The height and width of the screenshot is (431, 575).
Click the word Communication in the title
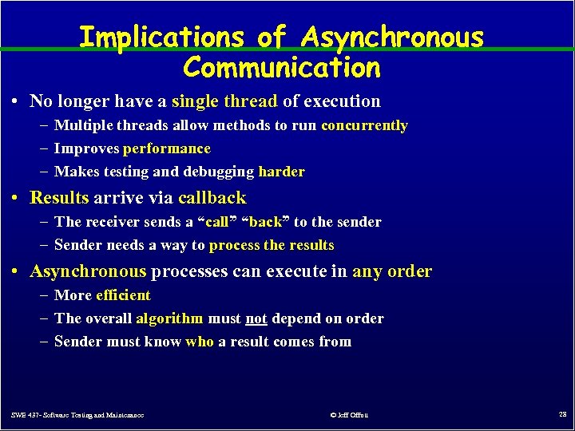point(282,67)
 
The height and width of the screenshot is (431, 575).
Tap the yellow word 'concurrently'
point(364,125)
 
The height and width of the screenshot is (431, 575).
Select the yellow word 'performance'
point(167,148)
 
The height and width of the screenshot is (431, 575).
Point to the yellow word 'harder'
point(281,172)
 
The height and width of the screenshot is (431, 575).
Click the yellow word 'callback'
point(212,198)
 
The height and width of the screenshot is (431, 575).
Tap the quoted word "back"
point(266,222)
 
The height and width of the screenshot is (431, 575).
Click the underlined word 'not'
point(256,318)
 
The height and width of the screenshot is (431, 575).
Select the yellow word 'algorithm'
point(169,318)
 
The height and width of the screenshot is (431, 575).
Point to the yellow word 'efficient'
point(123,295)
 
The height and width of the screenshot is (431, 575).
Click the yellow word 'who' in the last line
point(200,342)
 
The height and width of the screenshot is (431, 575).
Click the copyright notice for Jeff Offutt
point(348,415)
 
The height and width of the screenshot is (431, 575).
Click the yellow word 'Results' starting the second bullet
point(58,198)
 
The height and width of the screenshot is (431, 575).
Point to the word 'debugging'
point(221,172)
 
